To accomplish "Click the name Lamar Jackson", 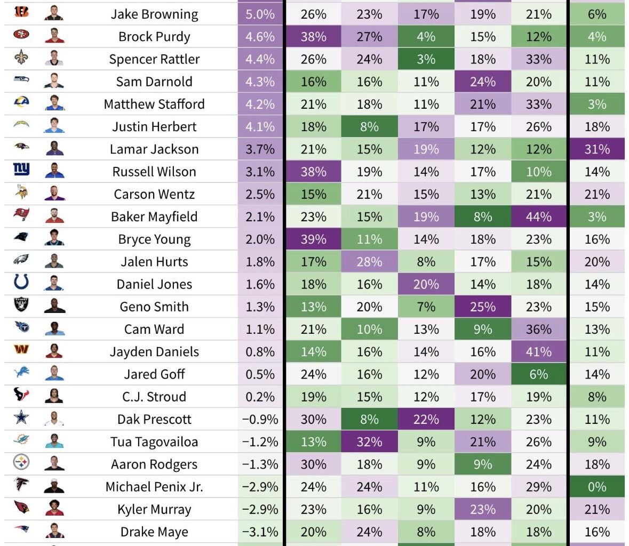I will pos(154,149).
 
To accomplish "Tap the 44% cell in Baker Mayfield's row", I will pos(538,217).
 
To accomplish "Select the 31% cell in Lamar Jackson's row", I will pos(596,149).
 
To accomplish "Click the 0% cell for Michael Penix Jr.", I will pos(596,487).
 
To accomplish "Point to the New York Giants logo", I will pos(21,170).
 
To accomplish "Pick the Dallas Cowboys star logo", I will pos(21,418).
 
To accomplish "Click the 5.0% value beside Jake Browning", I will pos(260,14).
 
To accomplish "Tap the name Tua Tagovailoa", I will pos(154,442).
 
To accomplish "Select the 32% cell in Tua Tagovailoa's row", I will pos(369,442).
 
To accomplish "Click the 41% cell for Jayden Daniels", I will pos(538,352).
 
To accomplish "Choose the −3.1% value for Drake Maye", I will pos(260,532).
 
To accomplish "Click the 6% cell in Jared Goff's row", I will pos(538,374).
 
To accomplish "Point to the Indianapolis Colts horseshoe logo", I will pos(21,283).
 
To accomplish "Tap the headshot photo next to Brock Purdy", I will pos(54,36).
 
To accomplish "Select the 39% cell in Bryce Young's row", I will pos(313,239).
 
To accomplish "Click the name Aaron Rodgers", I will pos(154,464).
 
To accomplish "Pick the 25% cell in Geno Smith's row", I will pos(482,307).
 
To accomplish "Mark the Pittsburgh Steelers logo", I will pos(21,463).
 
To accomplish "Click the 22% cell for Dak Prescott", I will pos(426,420).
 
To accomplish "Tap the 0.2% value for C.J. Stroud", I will pos(260,397).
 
